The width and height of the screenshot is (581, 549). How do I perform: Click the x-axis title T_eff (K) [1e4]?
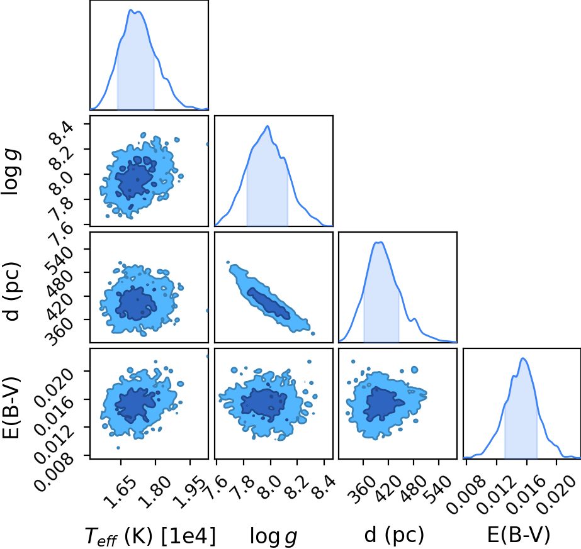point(150,535)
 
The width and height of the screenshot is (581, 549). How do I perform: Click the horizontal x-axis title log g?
point(273,536)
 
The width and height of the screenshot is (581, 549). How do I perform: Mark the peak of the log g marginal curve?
point(267,126)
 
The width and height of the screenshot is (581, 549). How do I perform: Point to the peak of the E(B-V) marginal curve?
point(523,358)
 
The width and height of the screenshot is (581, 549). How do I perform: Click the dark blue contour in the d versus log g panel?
point(268,304)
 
